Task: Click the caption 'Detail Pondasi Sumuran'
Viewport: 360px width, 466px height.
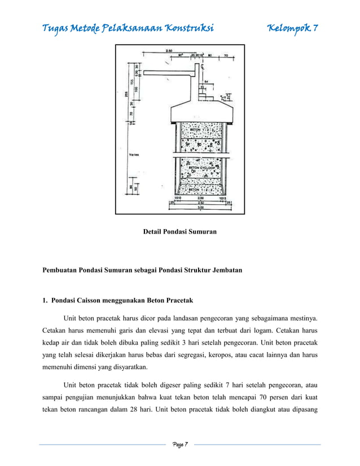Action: (x=180, y=232)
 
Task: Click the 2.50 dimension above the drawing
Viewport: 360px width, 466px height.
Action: (x=169, y=51)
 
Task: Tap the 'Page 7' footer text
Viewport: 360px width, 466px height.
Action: (x=179, y=445)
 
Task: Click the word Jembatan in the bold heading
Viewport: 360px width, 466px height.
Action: (x=223, y=270)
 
